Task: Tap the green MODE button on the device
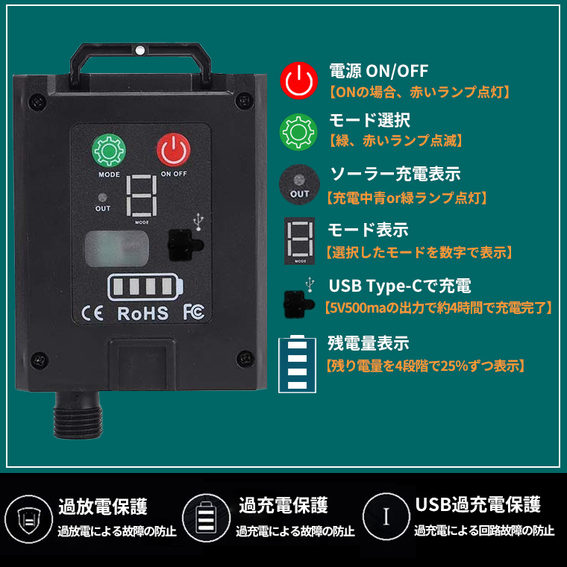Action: [109, 151]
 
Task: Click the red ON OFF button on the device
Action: [174, 150]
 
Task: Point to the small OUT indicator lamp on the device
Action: [102, 198]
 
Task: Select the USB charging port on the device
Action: [185, 245]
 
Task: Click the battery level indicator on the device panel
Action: [145, 287]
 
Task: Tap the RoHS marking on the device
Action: [142, 313]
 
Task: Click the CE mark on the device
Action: [93, 313]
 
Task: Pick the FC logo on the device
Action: [193, 312]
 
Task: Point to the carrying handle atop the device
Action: [140, 63]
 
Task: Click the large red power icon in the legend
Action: [298, 81]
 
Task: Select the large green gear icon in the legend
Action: [298, 131]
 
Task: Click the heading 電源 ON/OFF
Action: [378, 71]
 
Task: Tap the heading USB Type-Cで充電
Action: [400, 286]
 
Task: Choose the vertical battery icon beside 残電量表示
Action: [297, 364]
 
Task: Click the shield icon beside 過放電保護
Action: [28, 519]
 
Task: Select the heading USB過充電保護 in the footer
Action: [477, 505]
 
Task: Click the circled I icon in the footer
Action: [386, 516]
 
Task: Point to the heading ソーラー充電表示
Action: [395, 174]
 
